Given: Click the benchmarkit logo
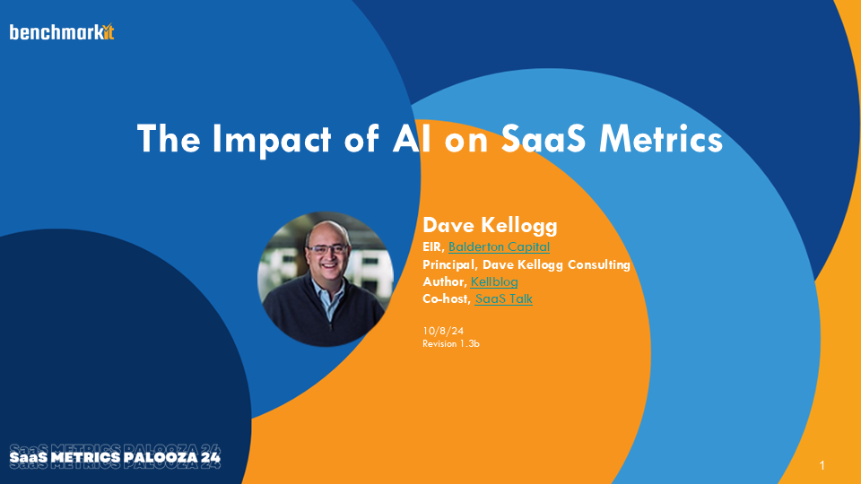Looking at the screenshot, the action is [x=62, y=32].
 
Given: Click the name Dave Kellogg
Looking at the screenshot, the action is [x=490, y=225].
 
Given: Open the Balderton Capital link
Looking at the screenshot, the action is [x=499, y=247].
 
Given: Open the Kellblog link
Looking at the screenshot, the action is [x=494, y=281].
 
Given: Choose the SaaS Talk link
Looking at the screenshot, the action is [x=503, y=298].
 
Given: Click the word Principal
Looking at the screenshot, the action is [x=449, y=264].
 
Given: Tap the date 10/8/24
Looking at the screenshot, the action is [x=442, y=331].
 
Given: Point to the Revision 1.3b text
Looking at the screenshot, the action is [x=451, y=343].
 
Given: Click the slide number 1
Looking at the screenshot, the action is [x=822, y=465].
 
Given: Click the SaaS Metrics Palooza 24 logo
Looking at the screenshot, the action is [x=115, y=456].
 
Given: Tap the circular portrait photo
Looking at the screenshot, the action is [x=325, y=280].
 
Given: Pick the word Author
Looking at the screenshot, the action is [x=444, y=281].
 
